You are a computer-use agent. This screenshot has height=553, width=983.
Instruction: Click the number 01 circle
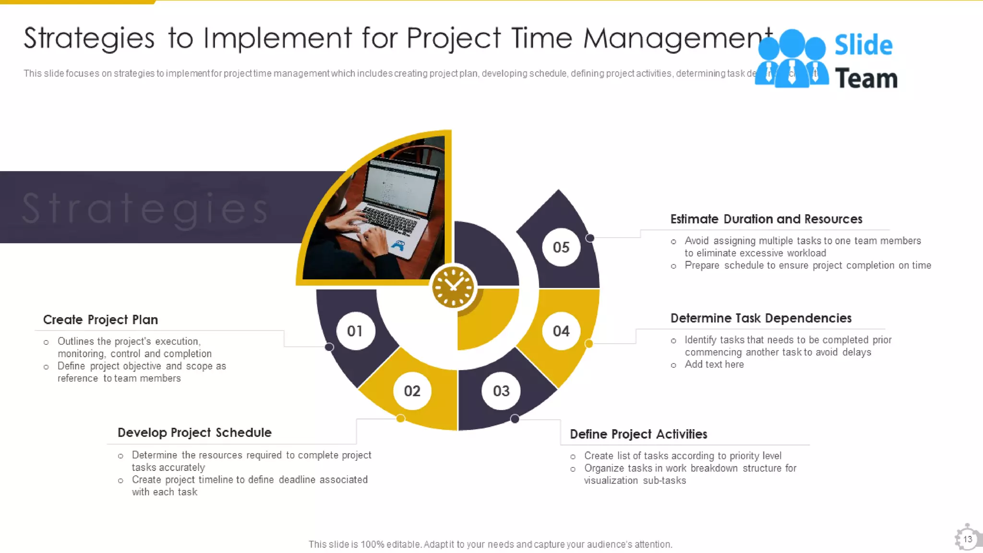tap(355, 331)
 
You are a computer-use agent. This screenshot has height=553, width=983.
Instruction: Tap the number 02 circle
tap(412, 391)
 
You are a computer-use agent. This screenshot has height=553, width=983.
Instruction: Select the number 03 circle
tap(501, 391)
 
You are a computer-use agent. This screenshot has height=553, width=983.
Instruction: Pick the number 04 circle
tap(561, 331)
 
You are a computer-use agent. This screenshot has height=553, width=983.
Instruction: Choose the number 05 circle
tap(561, 247)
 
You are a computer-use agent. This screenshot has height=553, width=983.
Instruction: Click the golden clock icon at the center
tap(453, 287)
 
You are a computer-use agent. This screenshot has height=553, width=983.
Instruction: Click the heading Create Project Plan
tap(100, 320)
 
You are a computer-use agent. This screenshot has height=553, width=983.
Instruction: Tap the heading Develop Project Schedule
tap(194, 433)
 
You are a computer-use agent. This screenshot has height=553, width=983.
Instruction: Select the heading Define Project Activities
tap(638, 434)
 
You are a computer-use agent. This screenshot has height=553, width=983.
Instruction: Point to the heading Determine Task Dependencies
tap(761, 318)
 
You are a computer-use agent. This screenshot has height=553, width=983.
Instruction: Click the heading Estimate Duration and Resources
tap(766, 219)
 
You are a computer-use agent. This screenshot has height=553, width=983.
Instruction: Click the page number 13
tap(967, 539)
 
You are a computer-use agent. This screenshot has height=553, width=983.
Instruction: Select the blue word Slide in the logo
tap(863, 45)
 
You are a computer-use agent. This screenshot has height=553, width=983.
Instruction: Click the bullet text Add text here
tap(714, 364)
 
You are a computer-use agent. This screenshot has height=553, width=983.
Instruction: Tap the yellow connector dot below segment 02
tap(400, 419)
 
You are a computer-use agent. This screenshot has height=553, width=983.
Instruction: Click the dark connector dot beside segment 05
tap(590, 238)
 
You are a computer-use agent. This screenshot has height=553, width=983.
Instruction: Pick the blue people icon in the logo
tap(791, 59)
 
